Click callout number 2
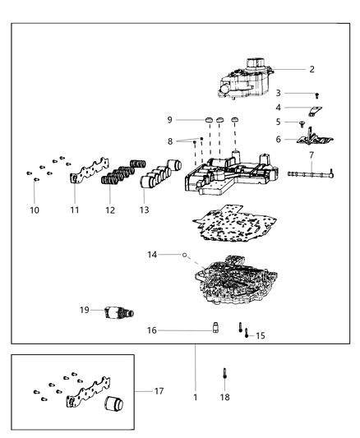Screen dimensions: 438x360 [312, 69]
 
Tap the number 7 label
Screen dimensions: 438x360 [312, 155]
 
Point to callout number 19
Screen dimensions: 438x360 [85, 310]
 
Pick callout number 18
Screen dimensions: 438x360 [224, 397]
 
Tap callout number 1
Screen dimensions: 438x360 [195, 397]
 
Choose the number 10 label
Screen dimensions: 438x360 [35, 210]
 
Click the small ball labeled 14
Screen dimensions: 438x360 [186, 256]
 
